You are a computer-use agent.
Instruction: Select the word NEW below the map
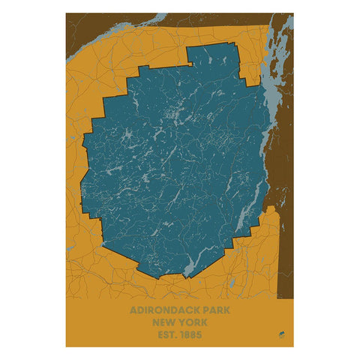[164, 321]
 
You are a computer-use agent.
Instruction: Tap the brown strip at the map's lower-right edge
[285, 255]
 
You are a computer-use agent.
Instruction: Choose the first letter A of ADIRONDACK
[133, 309]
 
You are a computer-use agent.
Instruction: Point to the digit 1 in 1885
[180, 333]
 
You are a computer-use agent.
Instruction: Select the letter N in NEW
[155, 321]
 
